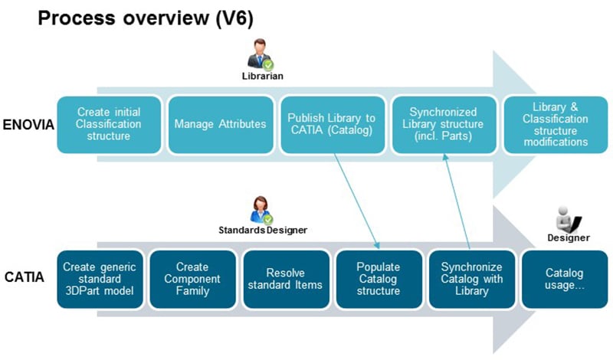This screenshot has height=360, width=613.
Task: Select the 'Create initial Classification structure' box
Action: (x=110, y=123)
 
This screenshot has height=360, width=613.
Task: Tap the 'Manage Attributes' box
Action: (x=221, y=123)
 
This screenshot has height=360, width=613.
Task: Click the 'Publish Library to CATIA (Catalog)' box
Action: (x=332, y=123)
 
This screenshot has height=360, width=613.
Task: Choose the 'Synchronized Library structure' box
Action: (x=443, y=123)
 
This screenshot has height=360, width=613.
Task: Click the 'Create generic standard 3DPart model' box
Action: (x=100, y=279)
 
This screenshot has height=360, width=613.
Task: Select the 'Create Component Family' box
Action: (x=192, y=279)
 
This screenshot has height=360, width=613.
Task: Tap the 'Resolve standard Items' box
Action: (x=284, y=279)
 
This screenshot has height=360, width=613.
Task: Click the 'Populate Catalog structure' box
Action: (x=378, y=279)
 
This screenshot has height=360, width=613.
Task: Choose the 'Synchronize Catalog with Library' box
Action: (x=470, y=279)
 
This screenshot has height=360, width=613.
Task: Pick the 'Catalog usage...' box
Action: (x=563, y=279)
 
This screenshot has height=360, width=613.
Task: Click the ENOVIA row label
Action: (x=28, y=125)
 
